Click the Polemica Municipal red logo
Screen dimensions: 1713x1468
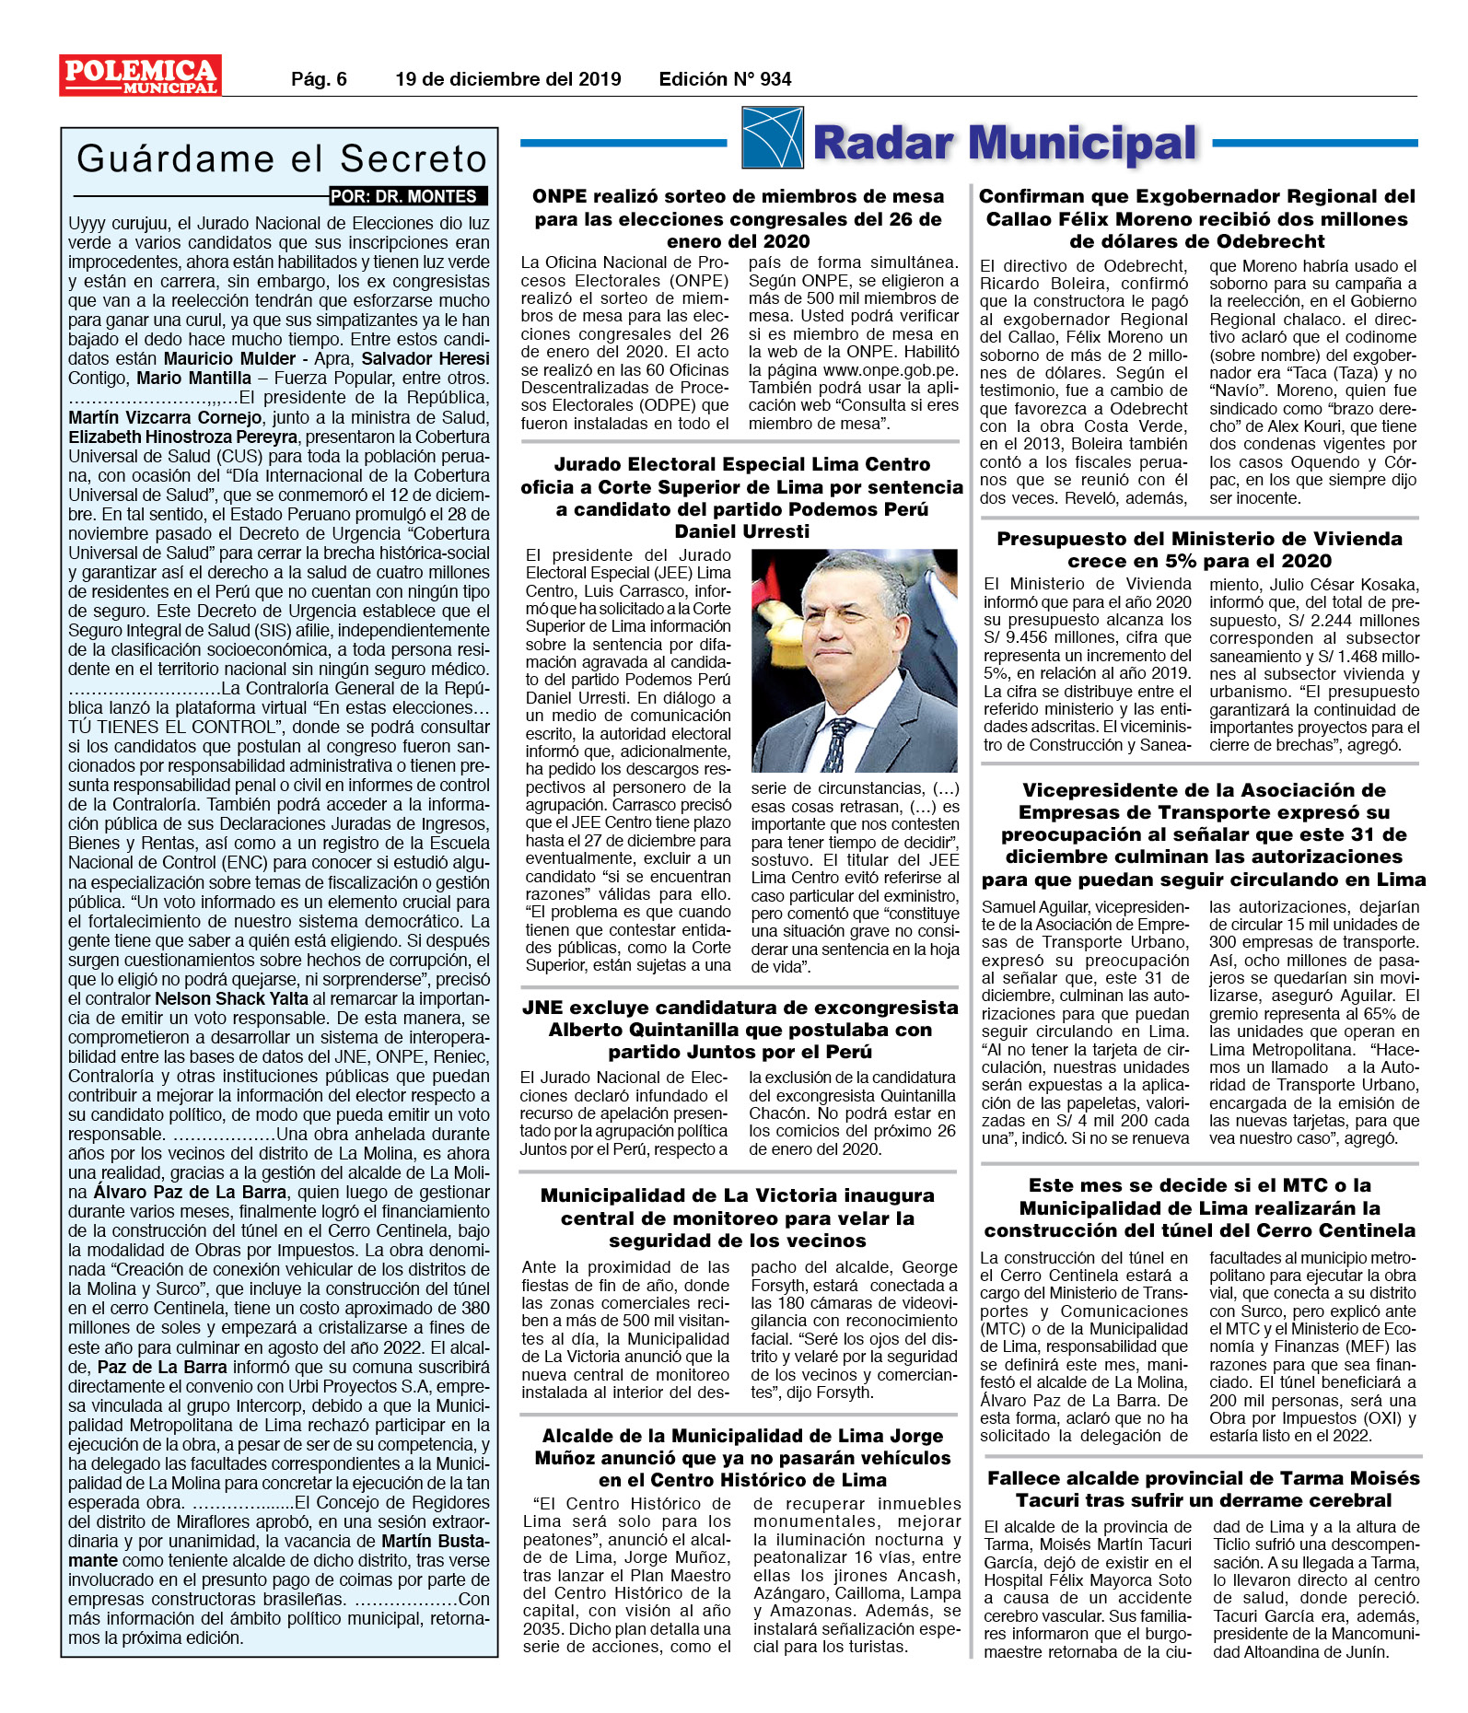[140, 76]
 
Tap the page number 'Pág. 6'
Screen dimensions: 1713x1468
[319, 79]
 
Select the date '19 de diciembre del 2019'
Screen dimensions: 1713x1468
[507, 79]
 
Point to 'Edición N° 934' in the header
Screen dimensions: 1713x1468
[725, 79]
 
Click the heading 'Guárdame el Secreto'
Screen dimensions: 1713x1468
[281, 158]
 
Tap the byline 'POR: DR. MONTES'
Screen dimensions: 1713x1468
[405, 196]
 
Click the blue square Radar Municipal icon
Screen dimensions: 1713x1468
[772, 138]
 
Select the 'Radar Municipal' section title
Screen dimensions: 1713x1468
[1005, 144]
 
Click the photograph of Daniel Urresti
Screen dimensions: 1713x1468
[854, 659]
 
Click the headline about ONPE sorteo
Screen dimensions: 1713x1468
[738, 219]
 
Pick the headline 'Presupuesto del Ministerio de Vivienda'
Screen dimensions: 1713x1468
[1199, 550]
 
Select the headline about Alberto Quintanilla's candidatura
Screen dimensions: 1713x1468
[740, 1030]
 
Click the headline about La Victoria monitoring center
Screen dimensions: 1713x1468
[738, 1218]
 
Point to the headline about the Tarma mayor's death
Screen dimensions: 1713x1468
[1203, 1489]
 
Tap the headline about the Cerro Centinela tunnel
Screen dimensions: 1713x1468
[1199, 1207]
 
